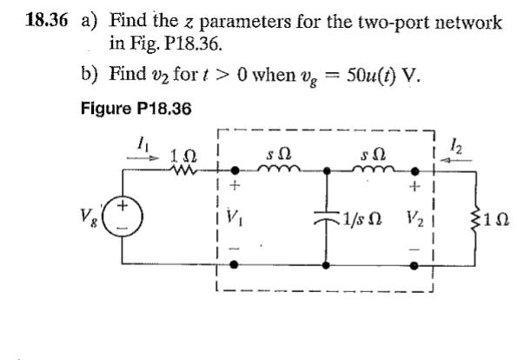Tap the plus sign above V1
click(x=231, y=185)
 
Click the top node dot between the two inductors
click(x=327, y=172)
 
